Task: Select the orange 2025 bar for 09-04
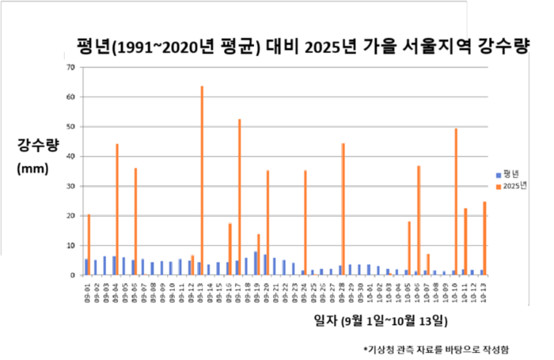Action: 117,210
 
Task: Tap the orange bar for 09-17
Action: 239,198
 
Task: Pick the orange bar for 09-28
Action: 343,210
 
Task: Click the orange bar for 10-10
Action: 456,202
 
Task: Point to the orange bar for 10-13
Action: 484,238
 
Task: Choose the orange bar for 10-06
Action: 419,221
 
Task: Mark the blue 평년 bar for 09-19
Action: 255,263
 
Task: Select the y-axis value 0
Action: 73,275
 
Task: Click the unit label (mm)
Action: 32,169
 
